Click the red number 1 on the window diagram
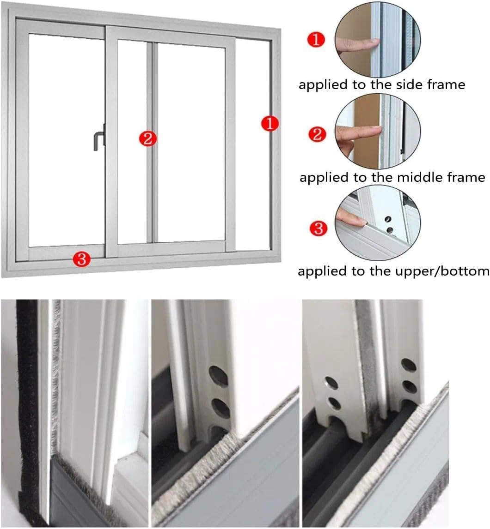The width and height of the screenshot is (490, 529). pos(269,124)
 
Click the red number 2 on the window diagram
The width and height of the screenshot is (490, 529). pos(147,138)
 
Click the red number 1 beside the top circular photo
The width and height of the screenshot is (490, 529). pos(316,40)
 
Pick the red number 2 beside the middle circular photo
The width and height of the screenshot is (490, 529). pos(317,134)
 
